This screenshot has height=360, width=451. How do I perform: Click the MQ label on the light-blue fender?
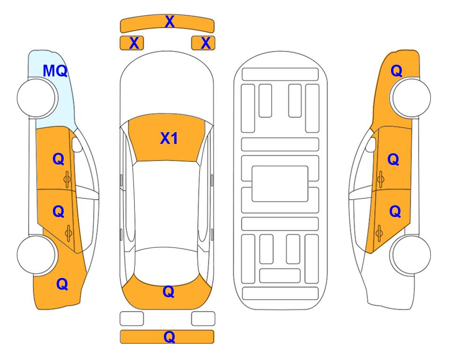click(55, 71)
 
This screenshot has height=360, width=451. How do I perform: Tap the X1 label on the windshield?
click(169, 138)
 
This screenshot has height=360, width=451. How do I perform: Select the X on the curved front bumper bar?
click(170, 22)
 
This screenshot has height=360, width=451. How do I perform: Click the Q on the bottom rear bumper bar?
click(169, 337)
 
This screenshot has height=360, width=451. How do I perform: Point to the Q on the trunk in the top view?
click(169, 292)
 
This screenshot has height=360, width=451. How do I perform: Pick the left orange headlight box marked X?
click(132, 43)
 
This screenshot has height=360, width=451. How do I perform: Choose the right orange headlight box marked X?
click(203, 43)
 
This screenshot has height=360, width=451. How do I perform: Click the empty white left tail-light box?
click(132, 319)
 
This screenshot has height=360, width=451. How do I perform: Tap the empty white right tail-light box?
click(203, 319)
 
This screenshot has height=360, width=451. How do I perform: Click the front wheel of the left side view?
click(37, 98)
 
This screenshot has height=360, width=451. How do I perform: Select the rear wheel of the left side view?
click(37, 255)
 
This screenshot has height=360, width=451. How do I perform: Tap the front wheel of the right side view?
click(411, 97)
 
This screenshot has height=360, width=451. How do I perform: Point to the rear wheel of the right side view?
click(411, 255)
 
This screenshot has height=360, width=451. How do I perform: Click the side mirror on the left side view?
click(76, 144)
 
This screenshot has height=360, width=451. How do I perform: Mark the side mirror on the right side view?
click(371, 144)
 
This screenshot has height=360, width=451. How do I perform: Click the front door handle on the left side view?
click(67, 179)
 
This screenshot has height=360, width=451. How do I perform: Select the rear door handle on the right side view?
click(379, 233)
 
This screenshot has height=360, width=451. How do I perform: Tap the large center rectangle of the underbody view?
click(280, 184)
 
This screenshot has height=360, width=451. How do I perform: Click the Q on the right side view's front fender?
click(396, 71)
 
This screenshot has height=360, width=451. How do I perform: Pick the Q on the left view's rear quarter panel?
click(62, 284)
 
